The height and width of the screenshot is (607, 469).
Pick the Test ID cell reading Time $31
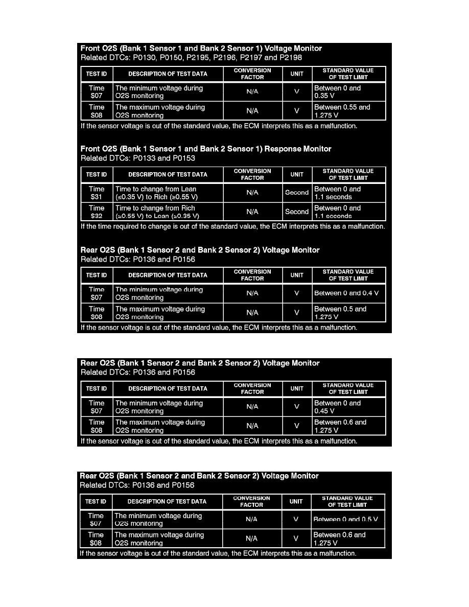coord(97,193)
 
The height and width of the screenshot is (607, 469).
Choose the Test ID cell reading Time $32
coord(97,212)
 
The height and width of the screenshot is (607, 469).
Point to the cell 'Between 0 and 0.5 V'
coord(347,519)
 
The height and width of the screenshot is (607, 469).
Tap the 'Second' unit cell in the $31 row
coord(297,193)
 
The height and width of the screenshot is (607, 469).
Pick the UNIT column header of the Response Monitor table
coord(297,174)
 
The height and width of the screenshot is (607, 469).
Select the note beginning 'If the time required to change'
coord(232,226)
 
